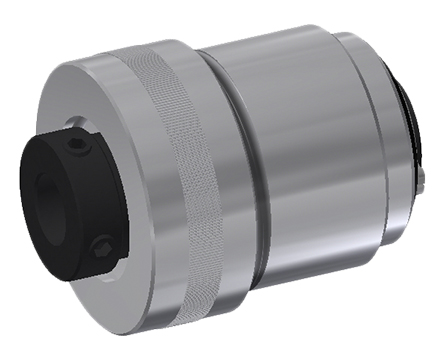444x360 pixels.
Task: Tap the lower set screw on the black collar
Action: click(100, 245)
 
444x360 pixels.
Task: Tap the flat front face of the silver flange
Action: click(90, 100)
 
